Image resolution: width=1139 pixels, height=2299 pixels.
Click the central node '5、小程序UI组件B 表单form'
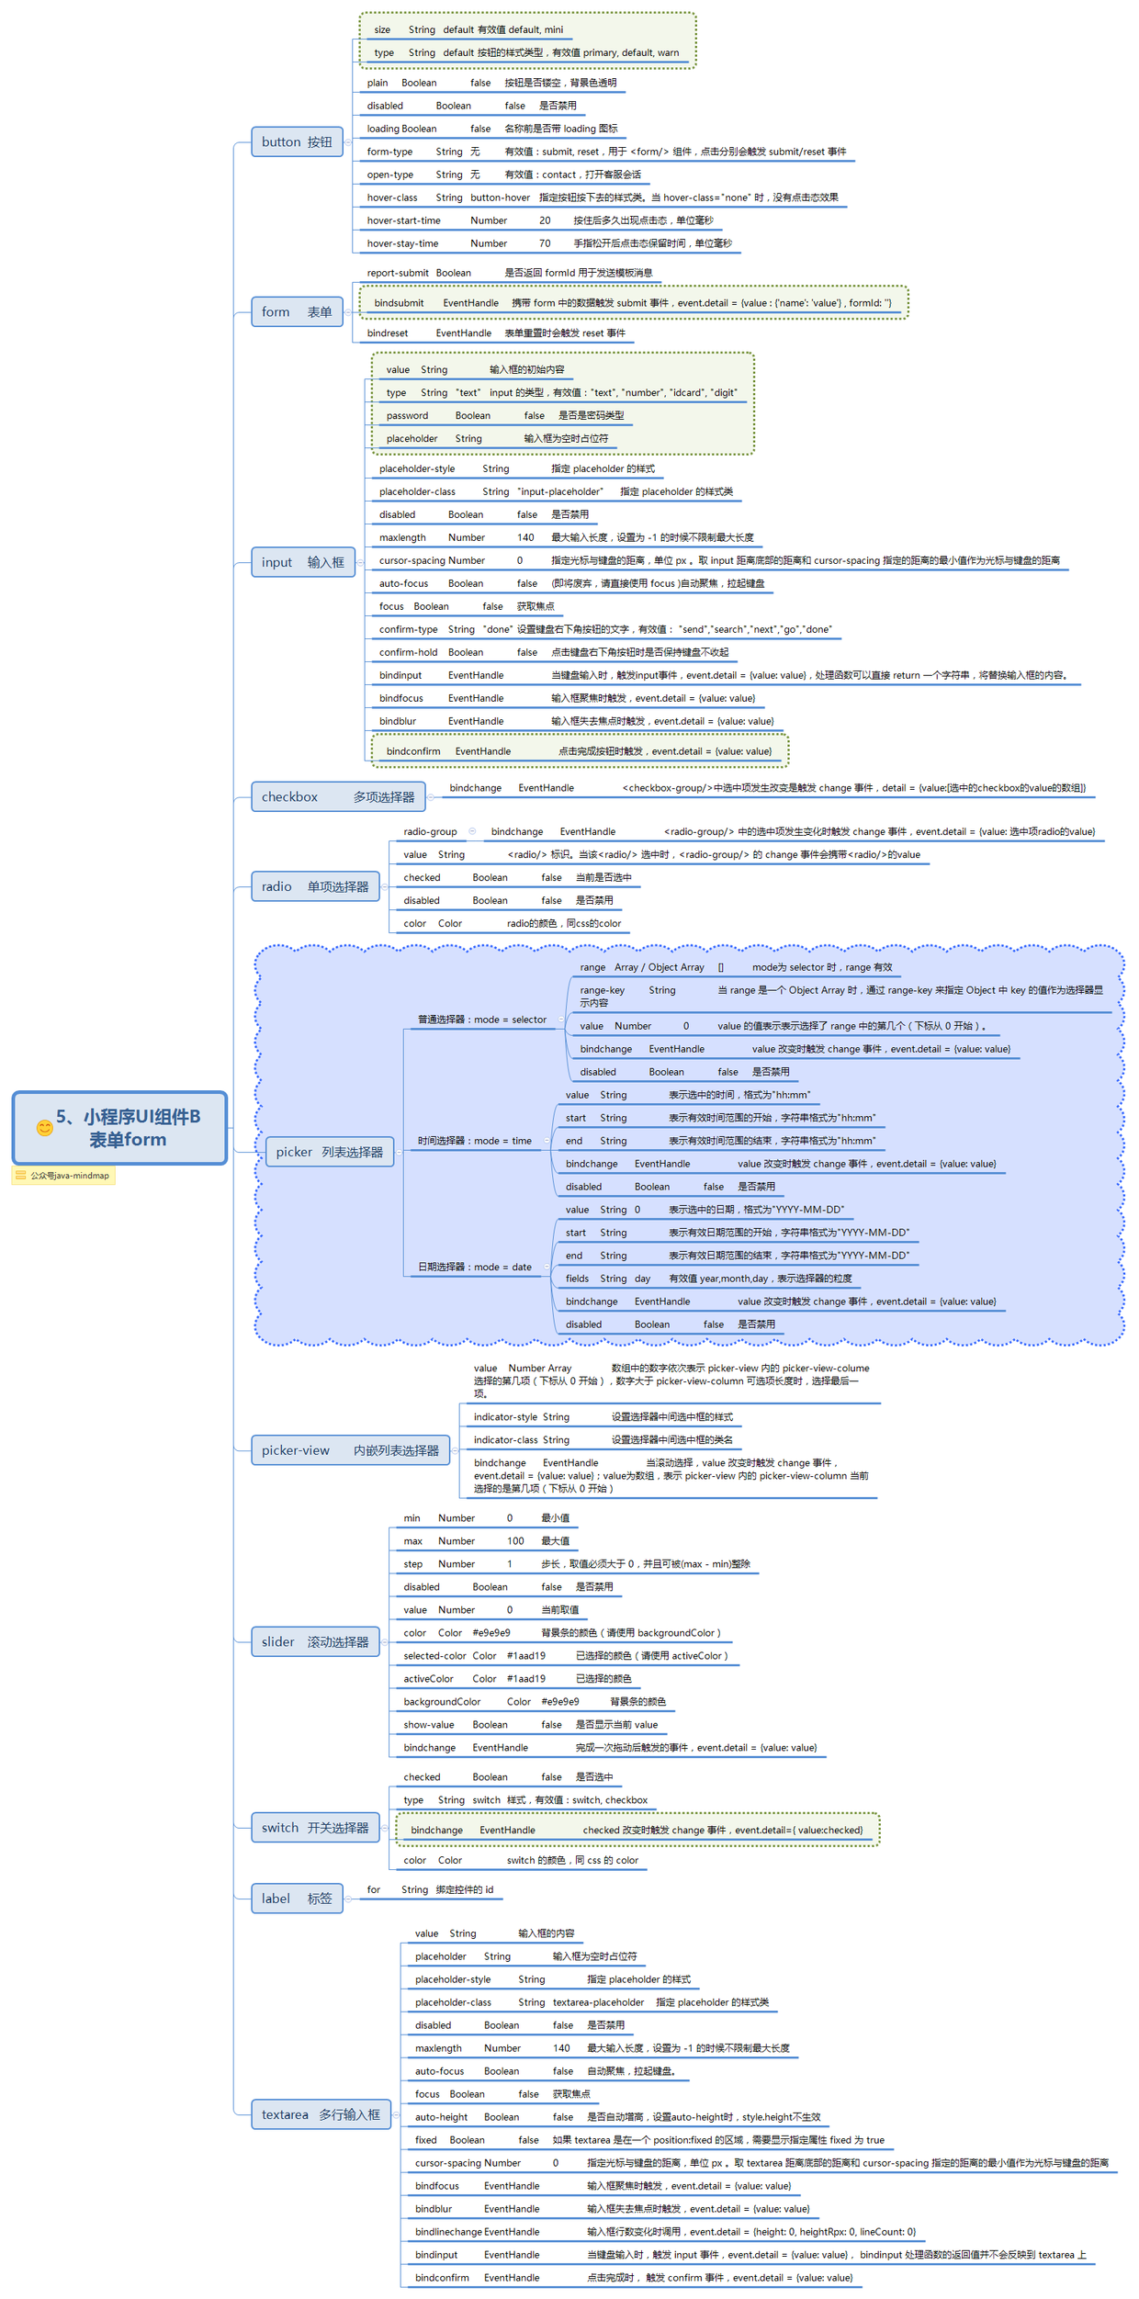pyautogui.click(x=119, y=1127)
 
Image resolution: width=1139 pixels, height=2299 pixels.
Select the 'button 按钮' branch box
pyautogui.click(x=297, y=141)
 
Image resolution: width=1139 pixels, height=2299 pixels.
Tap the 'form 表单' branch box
pyautogui.click(x=297, y=312)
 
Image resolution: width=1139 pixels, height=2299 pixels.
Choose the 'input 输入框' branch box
pyautogui.click(x=303, y=562)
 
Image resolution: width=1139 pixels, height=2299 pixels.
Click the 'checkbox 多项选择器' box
pyautogui.click(x=338, y=796)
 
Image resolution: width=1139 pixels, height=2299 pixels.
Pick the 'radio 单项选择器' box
pyautogui.click(x=315, y=886)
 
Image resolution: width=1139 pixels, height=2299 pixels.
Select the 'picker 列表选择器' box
pyautogui.click(x=329, y=1152)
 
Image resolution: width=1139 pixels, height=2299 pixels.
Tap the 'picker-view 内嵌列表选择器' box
pyautogui.click(x=350, y=1450)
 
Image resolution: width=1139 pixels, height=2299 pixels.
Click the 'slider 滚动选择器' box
pyautogui.click(x=315, y=1641)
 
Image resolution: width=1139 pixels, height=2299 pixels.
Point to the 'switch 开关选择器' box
pyautogui.click(x=315, y=1828)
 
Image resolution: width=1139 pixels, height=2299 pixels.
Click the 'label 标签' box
pyautogui.click(x=297, y=1899)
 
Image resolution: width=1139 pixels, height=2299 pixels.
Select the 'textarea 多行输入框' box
pyautogui.click(x=321, y=2114)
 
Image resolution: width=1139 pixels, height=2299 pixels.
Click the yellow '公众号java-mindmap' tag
pyautogui.click(x=63, y=1176)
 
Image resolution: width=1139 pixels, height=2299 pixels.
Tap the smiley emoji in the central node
pyautogui.click(x=44, y=1127)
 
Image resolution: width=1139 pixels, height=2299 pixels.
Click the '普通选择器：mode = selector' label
pyautogui.click(x=481, y=1020)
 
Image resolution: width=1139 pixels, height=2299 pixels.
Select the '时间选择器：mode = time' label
pyautogui.click(x=474, y=1141)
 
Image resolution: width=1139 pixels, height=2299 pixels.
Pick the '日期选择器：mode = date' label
pyautogui.click(x=474, y=1267)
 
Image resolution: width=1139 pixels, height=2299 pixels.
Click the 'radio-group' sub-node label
pyautogui.click(x=430, y=831)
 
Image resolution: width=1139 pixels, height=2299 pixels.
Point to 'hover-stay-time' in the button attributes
pyautogui.click(x=402, y=243)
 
